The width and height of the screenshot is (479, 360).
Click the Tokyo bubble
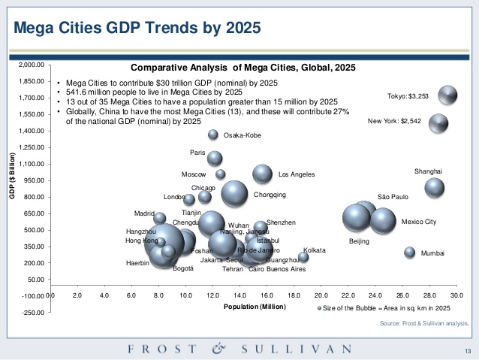[447, 95]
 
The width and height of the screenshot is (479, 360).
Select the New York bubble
[438, 123]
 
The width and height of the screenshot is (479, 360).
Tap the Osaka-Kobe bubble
[213, 135]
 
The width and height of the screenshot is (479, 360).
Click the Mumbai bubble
[410, 253]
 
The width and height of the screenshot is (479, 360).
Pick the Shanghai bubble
[435, 187]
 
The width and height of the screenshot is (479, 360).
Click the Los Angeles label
[296, 174]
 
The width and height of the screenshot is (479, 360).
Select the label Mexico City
[419, 222]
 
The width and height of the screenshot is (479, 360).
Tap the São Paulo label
[393, 197]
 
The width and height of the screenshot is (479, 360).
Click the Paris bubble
[215, 158]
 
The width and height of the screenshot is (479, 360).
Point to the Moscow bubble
[220, 174]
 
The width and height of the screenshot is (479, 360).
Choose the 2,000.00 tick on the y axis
[32, 65]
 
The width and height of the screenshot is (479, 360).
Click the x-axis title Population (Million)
[254, 307]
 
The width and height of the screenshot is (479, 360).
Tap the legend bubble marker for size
[319, 308]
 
